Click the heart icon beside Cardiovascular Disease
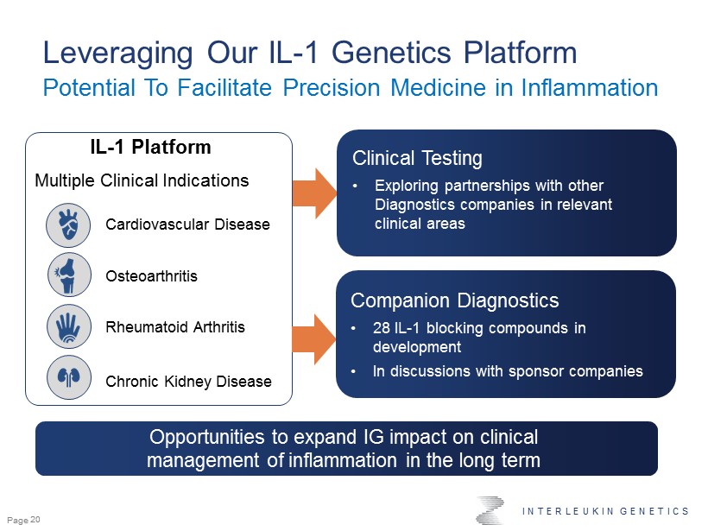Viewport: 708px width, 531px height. pyautogui.click(x=68, y=224)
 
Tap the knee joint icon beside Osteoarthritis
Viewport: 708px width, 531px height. pyautogui.click(x=69, y=275)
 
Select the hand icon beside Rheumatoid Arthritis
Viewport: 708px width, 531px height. pyautogui.click(x=69, y=326)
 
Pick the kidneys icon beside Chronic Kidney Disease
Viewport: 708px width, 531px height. pyautogui.click(x=69, y=377)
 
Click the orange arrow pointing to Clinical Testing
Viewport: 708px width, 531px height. pyautogui.click(x=315, y=193)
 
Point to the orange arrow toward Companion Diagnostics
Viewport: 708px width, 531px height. pyautogui.click(x=314, y=339)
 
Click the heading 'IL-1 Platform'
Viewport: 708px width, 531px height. pyautogui.click(x=150, y=147)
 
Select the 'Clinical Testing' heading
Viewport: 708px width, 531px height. pyautogui.click(x=417, y=159)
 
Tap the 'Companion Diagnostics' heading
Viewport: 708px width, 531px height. pyautogui.click(x=455, y=300)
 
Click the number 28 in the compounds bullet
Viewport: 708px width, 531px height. pyautogui.click(x=382, y=328)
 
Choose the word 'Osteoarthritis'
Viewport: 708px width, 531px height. pyautogui.click(x=151, y=276)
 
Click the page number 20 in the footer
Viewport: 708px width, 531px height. pyautogui.click(x=35, y=520)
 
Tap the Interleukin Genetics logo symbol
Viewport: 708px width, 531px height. pyautogui.click(x=490, y=510)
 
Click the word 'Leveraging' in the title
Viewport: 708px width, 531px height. pyautogui.click(x=117, y=54)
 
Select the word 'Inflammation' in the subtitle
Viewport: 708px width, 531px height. pyautogui.click(x=589, y=87)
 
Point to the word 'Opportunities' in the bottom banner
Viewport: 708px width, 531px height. pyautogui.click(x=207, y=438)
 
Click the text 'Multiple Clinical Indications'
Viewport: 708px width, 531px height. pyautogui.click(x=142, y=180)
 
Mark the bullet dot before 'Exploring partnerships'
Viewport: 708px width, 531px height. pyautogui.click(x=356, y=186)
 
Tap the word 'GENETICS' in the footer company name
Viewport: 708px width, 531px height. pyautogui.click(x=654, y=511)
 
